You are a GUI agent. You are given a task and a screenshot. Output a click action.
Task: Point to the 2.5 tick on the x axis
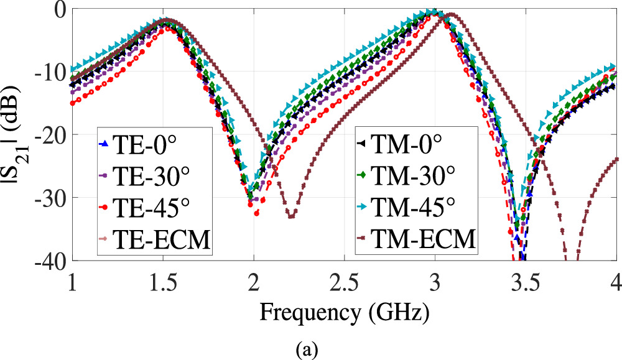click(345, 277)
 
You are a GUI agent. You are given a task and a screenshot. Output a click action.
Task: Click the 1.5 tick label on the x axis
click(163, 277)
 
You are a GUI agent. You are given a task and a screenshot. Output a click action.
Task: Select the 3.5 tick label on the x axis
click(526, 277)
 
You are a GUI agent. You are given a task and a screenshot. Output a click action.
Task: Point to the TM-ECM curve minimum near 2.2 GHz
click(290, 216)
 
